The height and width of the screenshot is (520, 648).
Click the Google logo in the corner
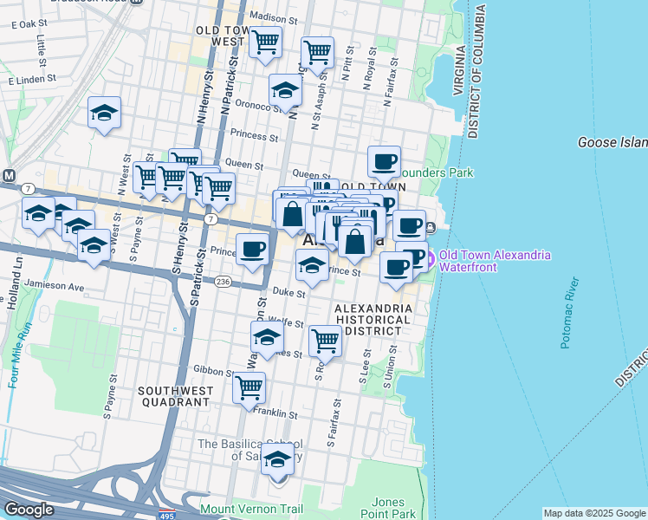tap(29, 510)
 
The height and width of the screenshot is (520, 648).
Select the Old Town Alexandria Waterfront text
tap(494, 261)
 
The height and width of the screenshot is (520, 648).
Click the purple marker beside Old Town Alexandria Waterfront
tap(429, 256)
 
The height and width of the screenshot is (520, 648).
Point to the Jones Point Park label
tap(388, 508)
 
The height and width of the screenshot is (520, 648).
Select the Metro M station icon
tap(9, 176)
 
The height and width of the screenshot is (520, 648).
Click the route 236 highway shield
tap(223, 282)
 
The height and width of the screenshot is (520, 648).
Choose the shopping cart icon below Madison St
tap(265, 41)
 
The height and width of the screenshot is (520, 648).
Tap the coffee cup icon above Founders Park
tap(384, 161)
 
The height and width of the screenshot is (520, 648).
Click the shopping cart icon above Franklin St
tap(249, 387)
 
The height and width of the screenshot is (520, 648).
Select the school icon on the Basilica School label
tap(278, 459)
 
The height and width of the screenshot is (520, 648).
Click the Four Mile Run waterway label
tap(14, 354)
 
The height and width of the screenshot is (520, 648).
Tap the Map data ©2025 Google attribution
tap(594, 513)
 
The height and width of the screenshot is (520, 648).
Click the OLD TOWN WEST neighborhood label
tap(221, 36)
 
